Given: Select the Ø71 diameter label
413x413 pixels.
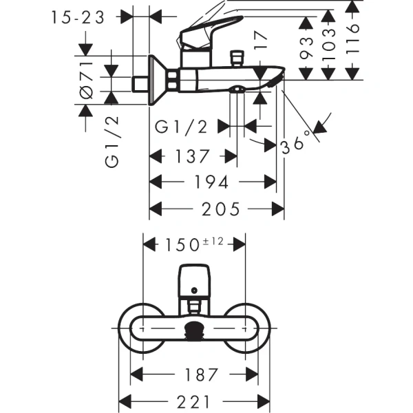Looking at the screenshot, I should point(87,81).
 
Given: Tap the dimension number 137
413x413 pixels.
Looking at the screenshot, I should point(189,156).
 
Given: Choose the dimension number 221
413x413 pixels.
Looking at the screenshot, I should point(193,400).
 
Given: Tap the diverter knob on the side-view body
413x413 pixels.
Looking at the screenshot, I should point(240,56).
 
